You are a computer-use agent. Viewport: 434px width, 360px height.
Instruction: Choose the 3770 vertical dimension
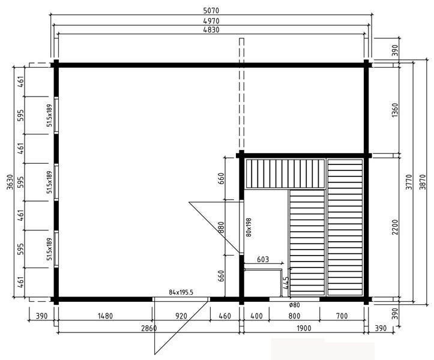408,181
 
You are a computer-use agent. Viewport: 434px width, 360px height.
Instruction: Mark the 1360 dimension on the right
394,110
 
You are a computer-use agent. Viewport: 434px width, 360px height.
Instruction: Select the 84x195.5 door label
181,292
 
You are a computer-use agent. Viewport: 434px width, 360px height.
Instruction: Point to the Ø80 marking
295,305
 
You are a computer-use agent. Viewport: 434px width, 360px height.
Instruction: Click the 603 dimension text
262,260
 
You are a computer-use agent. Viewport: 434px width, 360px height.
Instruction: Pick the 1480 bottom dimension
104,316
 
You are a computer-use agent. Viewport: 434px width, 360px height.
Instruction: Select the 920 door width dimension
181,316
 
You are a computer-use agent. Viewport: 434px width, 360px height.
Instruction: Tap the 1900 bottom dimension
303,328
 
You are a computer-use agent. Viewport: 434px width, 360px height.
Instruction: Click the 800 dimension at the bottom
294,316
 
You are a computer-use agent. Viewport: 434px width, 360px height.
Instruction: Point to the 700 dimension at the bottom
342,316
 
